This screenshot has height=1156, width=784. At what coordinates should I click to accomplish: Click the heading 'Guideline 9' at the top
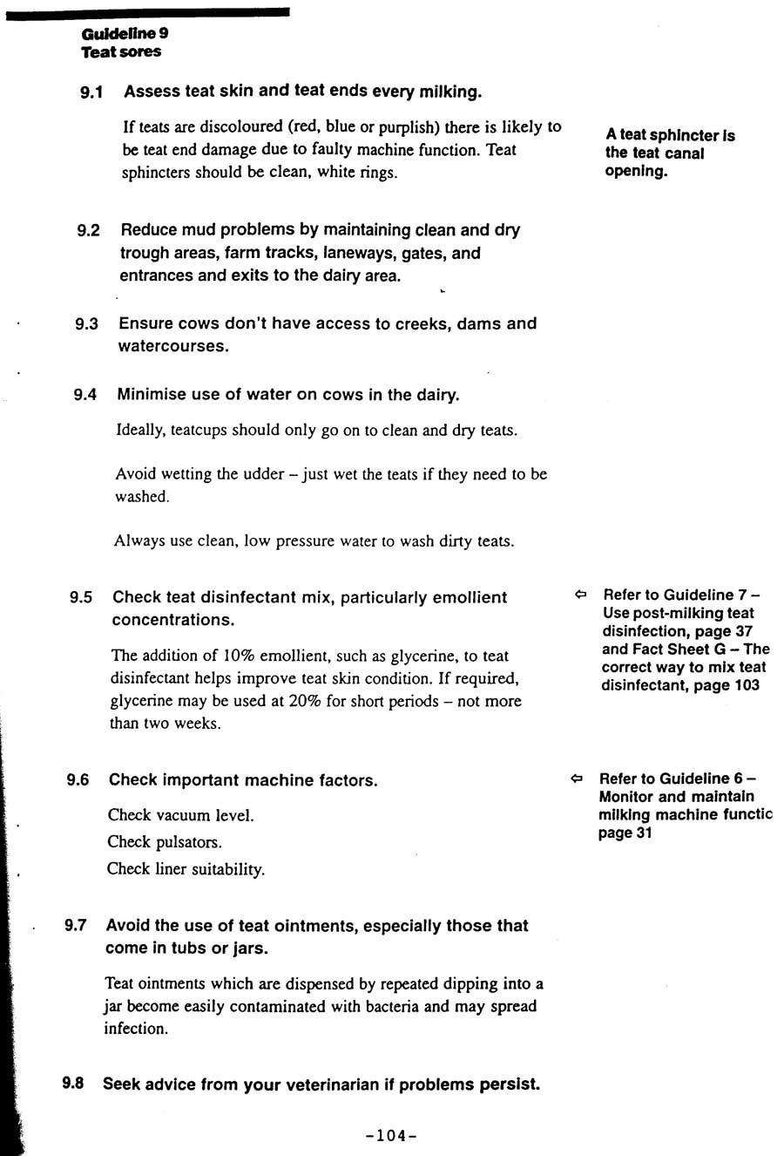(125, 33)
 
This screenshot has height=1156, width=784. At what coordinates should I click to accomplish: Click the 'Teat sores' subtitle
(121, 51)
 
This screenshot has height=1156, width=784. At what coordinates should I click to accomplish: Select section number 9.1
(91, 92)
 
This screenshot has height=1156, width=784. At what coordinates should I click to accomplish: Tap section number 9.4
(84, 395)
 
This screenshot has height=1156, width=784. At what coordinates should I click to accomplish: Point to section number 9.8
(73, 1084)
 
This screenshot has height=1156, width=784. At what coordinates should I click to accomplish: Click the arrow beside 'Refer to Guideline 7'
(581, 595)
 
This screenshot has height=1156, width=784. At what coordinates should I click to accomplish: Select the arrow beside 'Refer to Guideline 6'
(577, 778)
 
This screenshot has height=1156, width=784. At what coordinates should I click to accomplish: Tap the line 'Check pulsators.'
(165, 842)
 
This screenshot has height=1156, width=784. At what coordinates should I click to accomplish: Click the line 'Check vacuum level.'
(181, 815)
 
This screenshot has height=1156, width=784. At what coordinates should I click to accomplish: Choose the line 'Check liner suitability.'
(186, 869)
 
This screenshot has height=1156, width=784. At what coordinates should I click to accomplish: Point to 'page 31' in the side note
(625, 833)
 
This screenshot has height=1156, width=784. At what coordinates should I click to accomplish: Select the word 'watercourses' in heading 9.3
(173, 346)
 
